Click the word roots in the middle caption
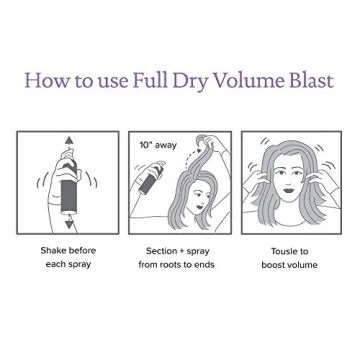pyautogui.click(x=174, y=266)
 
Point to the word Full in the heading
pyautogui.click(x=149, y=80)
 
